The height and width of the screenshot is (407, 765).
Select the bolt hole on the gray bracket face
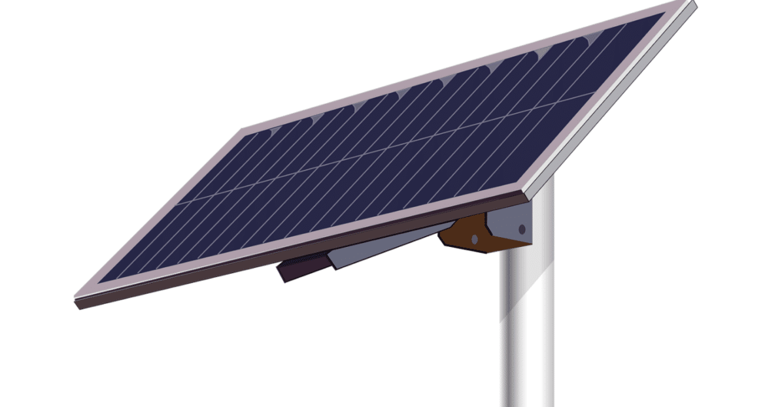pyautogui.click(x=521, y=229)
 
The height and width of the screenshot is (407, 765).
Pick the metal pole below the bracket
pyautogui.click(x=526, y=327)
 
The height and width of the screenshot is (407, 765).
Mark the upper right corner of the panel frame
pyautogui.click(x=687, y=5)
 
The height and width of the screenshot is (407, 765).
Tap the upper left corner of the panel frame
pyautogui.click(x=243, y=130)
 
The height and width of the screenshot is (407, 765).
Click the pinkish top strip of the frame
pyautogui.click(x=458, y=65)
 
